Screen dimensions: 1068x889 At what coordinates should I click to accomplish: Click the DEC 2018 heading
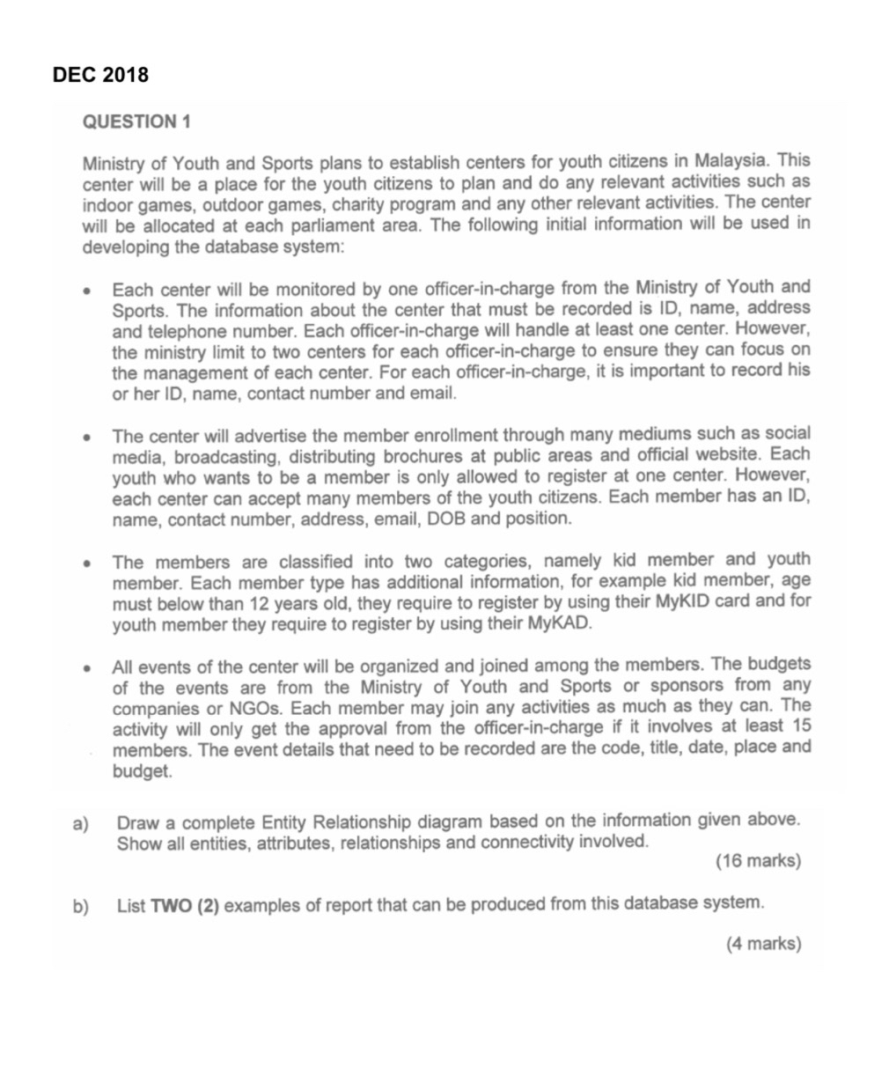tap(100, 75)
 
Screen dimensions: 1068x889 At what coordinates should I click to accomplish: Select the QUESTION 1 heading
tap(136, 122)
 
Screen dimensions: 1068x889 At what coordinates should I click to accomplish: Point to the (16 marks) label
tap(758, 861)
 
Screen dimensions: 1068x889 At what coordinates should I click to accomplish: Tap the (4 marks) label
tap(762, 945)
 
